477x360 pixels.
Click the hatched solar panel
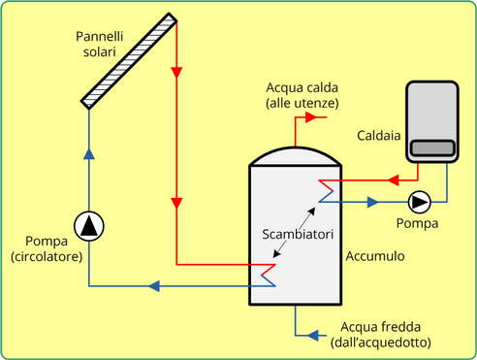tap(129, 61)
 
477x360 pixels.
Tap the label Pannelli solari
tap(100, 44)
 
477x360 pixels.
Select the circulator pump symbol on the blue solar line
tap(89, 226)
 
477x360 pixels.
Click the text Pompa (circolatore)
tap(47, 248)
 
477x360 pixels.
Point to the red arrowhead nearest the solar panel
tap(176, 73)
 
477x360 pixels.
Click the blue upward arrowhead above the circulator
tap(89, 153)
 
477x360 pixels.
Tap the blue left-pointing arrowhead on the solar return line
tap(154, 286)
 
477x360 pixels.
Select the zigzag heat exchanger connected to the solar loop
tap(269, 276)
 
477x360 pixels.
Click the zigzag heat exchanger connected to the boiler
tap(326, 191)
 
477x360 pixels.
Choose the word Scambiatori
tap(298, 234)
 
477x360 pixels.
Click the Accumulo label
tap(375, 256)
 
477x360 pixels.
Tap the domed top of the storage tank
tap(296, 156)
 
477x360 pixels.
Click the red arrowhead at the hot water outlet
tap(311, 117)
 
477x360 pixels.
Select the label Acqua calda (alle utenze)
tap(302, 95)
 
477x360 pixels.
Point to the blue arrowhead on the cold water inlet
tap(313, 335)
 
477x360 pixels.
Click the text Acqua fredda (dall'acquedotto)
tap(381, 335)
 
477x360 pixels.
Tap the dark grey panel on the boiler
tap(432, 148)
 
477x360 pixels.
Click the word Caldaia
tap(379, 136)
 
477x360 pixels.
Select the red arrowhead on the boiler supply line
tap(393, 180)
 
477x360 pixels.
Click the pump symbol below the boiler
tap(420, 202)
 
